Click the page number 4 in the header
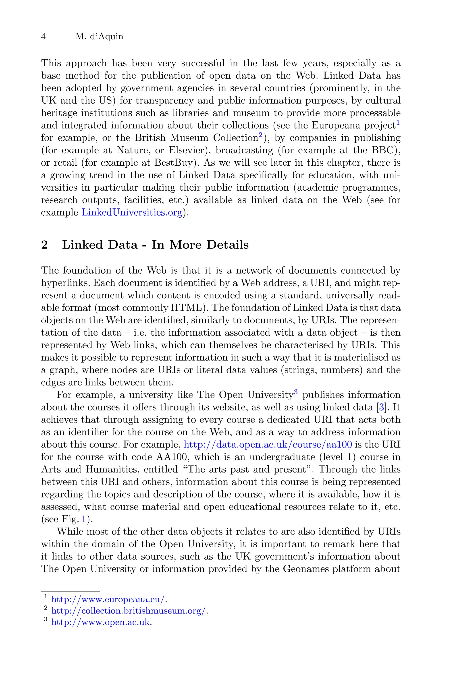44,37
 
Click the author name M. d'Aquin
99,37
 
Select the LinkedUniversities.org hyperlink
132,212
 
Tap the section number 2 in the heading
44,245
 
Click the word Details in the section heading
227,245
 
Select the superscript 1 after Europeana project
398,122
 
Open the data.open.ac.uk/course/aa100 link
268,444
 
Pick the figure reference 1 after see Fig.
84,519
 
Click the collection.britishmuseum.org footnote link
129,611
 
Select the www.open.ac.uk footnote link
100,622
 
